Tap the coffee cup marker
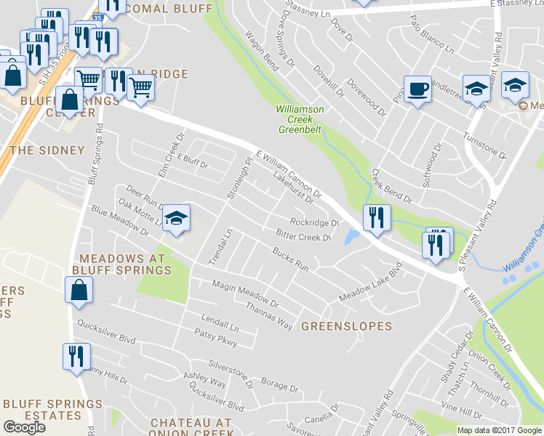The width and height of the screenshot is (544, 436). [417, 89]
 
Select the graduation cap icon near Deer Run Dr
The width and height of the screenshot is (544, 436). [176, 218]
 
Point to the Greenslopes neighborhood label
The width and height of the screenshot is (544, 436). [346, 327]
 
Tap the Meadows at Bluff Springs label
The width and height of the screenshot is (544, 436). [124, 265]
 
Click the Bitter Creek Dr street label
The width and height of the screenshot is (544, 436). [303, 235]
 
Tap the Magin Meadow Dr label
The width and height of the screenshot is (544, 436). [246, 293]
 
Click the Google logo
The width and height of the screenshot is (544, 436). [24, 427]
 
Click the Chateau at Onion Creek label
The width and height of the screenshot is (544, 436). [191, 428]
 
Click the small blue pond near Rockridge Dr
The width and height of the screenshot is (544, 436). [353, 238]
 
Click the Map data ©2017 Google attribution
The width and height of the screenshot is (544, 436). [499, 430]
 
